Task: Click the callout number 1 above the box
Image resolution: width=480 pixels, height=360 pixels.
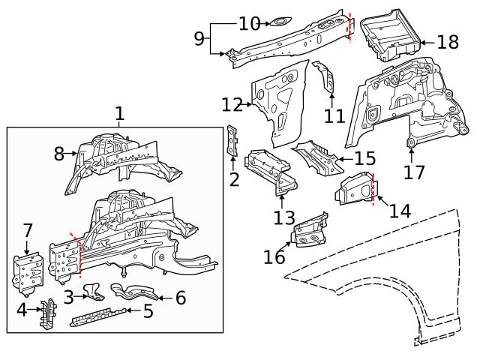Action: click(x=120, y=114)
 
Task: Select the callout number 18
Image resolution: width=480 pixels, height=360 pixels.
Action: click(x=448, y=42)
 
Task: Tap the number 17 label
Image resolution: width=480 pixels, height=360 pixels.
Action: click(x=413, y=173)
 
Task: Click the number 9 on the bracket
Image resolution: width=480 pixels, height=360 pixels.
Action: click(x=199, y=38)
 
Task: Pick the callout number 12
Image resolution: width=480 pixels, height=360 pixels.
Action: click(x=232, y=104)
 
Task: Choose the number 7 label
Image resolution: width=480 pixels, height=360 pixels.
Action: click(x=28, y=230)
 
